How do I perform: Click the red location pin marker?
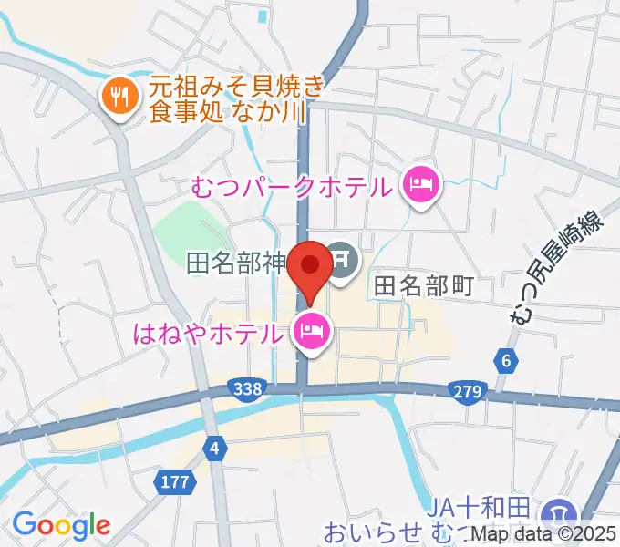pyautogui.click(x=311, y=266)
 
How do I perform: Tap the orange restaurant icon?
pyautogui.click(x=118, y=93)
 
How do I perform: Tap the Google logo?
pyautogui.click(x=62, y=525)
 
